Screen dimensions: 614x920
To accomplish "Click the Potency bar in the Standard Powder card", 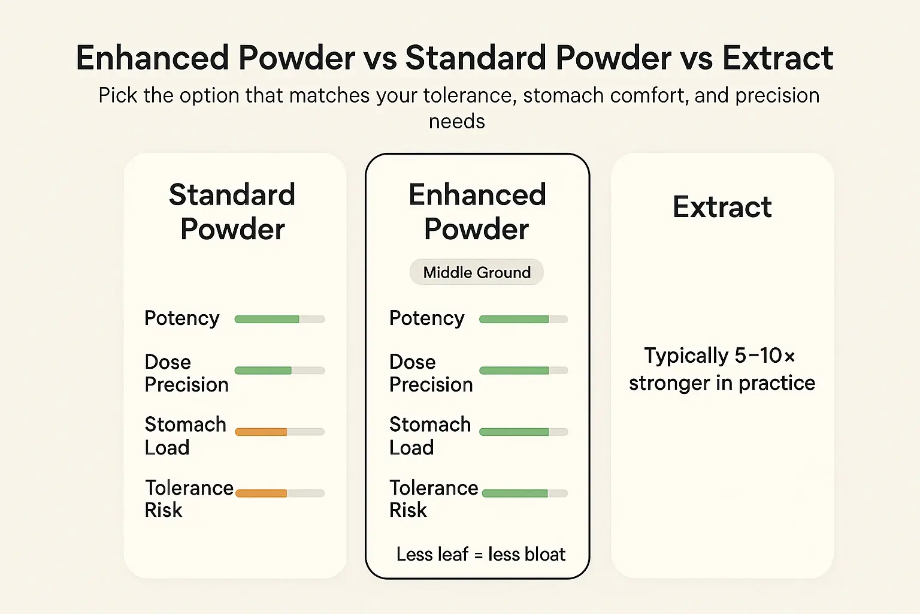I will (x=279, y=319).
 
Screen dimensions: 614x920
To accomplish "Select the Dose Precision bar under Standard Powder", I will (x=279, y=371).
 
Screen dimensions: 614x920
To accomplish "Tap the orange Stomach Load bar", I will (x=279, y=432).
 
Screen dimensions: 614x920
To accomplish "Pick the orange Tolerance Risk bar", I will (x=279, y=493).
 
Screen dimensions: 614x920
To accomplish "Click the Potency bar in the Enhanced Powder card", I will (x=523, y=319).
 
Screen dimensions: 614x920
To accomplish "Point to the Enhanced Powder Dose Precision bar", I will (x=523, y=371).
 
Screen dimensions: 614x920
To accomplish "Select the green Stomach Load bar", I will (x=523, y=432).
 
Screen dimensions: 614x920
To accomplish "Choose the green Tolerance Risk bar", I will (x=524, y=493).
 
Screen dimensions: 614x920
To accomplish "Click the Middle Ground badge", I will (x=477, y=272).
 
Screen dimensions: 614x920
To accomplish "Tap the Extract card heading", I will (x=722, y=207).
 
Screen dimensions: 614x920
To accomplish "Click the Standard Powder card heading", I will (x=232, y=212).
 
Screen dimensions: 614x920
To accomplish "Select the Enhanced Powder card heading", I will (x=477, y=212).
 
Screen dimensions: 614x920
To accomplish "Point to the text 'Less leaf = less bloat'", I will (x=480, y=554).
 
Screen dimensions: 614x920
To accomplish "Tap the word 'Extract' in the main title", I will (x=777, y=58).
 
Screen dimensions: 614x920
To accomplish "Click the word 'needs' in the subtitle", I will (x=457, y=121).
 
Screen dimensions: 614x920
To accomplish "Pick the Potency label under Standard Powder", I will (x=182, y=318).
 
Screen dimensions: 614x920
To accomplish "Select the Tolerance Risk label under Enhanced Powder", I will (x=433, y=498).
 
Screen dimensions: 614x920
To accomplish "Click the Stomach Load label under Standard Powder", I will (x=185, y=436).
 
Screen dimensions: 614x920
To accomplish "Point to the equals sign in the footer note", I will (x=479, y=555).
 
